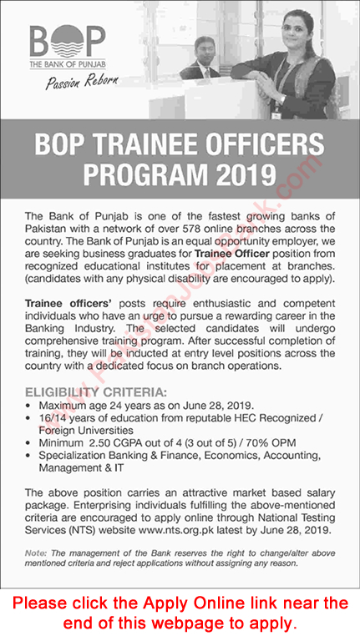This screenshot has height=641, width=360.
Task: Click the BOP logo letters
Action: pyautogui.click(x=67, y=41)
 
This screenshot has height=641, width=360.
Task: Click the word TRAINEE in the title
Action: pyautogui.click(x=152, y=144)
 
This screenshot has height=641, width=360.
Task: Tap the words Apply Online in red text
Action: pyautogui.click(x=190, y=603)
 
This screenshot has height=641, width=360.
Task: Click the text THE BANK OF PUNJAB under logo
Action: pyautogui.click(x=67, y=63)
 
